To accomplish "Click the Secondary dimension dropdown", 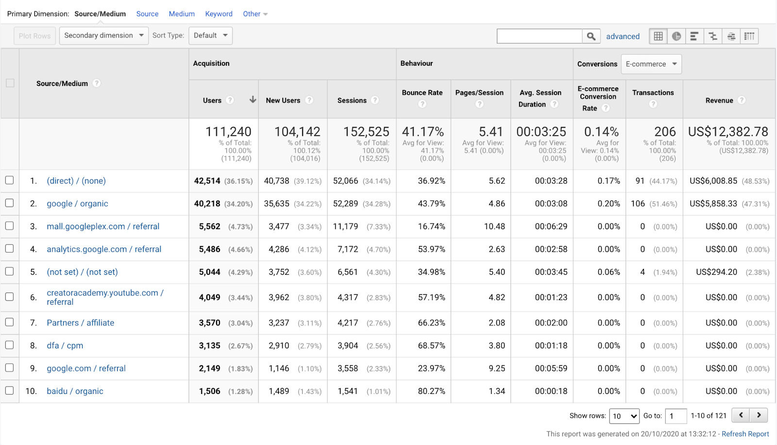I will (x=103, y=36).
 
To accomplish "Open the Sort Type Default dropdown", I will (x=210, y=36).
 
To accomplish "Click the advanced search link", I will (x=623, y=36).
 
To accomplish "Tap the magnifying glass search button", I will (x=591, y=36).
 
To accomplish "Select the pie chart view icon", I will (x=676, y=36).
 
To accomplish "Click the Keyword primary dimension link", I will (x=219, y=14).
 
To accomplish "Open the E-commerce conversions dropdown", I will (x=651, y=64).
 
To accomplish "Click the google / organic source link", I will (x=77, y=204).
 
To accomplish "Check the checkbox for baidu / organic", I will (x=9, y=391).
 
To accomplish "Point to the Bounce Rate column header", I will (x=422, y=93).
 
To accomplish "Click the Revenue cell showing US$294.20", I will (x=716, y=272).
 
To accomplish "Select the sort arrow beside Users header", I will (x=253, y=100).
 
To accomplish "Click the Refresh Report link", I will (x=745, y=434).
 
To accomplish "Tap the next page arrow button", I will (x=759, y=415).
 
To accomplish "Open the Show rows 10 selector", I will (x=624, y=416).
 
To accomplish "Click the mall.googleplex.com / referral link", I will (x=103, y=227).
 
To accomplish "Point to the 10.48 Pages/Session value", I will (x=494, y=227).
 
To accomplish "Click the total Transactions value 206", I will (x=665, y=132).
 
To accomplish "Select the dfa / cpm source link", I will (x=65, y=346).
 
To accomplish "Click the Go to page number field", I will (x=676, y=416).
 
